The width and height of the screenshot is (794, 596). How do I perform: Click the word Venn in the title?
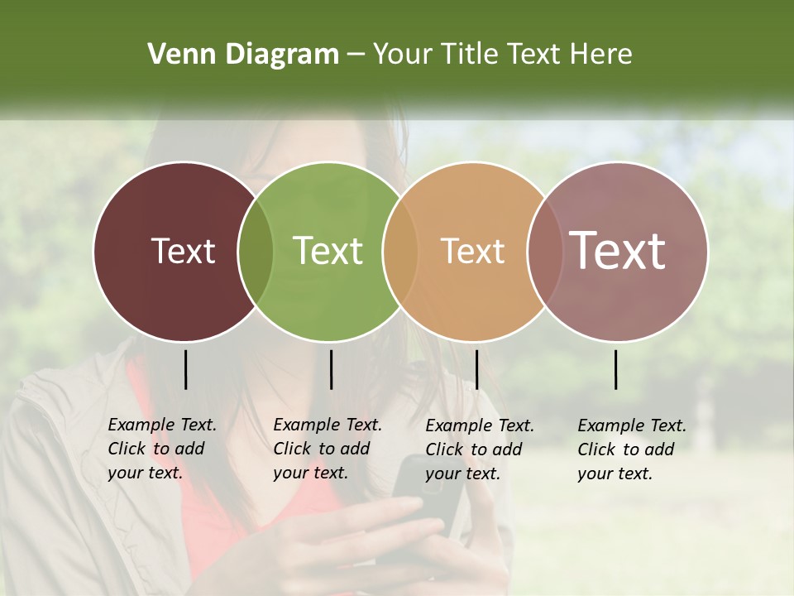point(177,55)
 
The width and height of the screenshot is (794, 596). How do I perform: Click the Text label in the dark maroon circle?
point(183,251)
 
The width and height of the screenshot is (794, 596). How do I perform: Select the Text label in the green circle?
point(328,251)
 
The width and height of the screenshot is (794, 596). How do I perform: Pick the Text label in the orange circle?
point(472,251)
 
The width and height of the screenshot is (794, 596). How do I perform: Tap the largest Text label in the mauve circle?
point(617,251)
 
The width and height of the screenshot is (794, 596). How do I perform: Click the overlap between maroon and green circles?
point(256,252)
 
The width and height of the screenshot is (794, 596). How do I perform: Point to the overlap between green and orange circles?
point(400,252)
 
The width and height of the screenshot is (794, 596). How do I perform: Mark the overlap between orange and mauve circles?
point(544,252)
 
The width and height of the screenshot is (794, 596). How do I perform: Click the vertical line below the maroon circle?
point(185,369)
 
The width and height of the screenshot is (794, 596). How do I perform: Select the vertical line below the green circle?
point(331,369)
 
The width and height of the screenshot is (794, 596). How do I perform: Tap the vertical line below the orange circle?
point(476,369)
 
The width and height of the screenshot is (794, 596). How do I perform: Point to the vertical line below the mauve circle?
point(616,369)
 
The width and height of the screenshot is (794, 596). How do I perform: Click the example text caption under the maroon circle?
point(162,449)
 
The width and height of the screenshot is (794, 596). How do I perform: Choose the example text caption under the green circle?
point(328,449)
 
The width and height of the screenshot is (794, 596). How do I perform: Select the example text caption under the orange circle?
point(480,449)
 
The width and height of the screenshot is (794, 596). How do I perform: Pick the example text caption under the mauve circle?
point(632,449)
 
